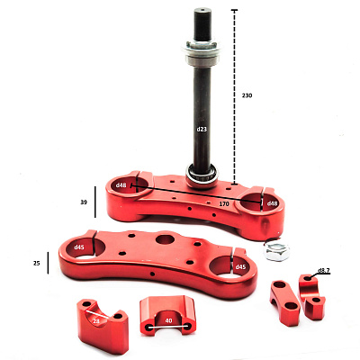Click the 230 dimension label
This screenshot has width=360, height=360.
[247, 95]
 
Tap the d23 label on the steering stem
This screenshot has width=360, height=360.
[202, 130]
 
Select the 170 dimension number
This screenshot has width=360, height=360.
[224, 204]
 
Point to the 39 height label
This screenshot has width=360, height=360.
[84, 202]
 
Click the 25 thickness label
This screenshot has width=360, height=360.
[36, 264]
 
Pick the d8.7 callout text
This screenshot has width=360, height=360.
[324, 270]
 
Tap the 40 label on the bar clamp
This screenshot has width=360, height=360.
[168, 320]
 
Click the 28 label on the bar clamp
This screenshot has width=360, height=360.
[96, 321]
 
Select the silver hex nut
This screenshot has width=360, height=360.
[276, 249]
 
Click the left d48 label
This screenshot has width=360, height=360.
[121, 185]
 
